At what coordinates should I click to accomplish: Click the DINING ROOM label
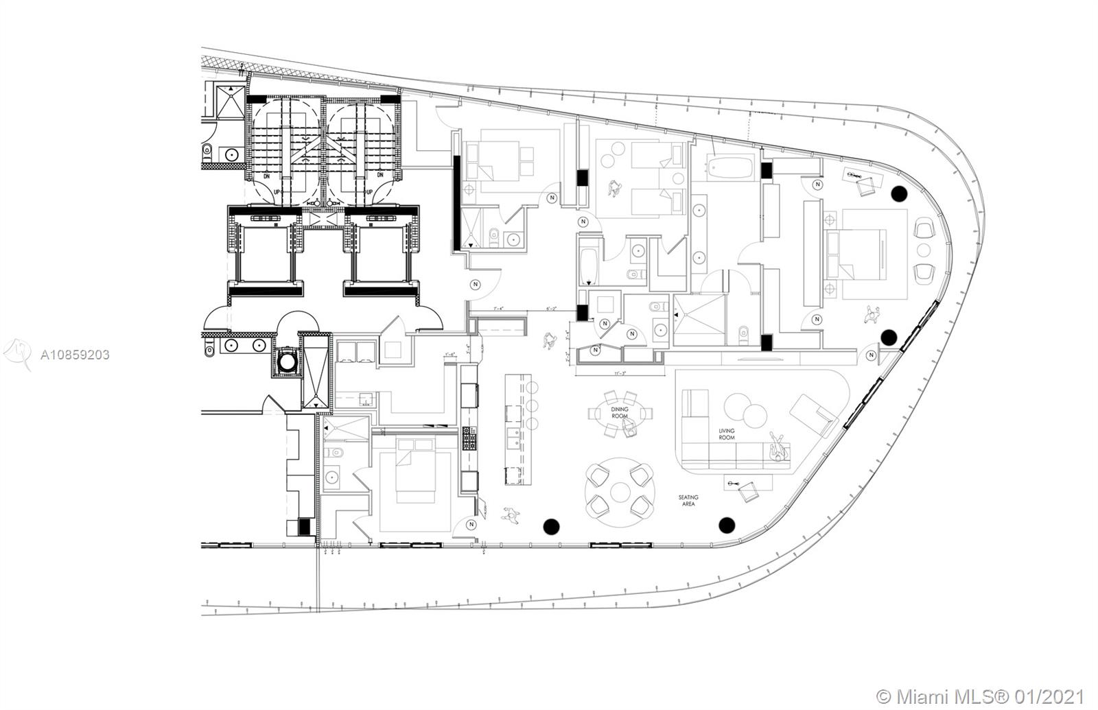tap(620, 412)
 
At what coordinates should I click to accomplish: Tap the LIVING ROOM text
tap(726, 434)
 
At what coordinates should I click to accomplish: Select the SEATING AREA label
tap(688, 501)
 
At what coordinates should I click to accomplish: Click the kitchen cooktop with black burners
tap(469, 438)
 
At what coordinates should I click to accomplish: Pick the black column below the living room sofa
tap(726, 525)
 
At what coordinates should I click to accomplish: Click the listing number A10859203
tap(75, 355)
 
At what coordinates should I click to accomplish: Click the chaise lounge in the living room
tap(814, 414)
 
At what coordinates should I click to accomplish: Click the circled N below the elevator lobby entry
tap(474, 284)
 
